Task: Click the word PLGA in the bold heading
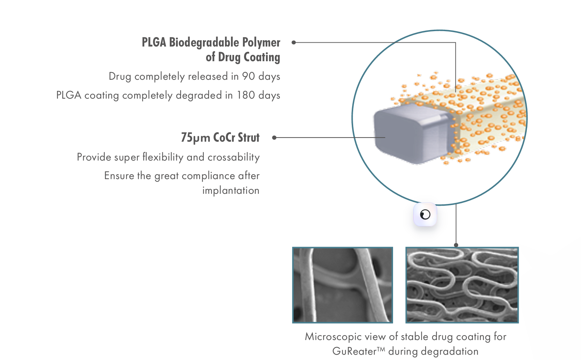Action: point(154,42)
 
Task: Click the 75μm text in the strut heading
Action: point(195,137)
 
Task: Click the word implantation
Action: point(231,191)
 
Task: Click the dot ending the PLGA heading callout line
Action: point(294,42)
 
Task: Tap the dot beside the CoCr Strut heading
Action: point(274,137)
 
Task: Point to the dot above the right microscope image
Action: point(456,245)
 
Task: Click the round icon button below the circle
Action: point(425,214)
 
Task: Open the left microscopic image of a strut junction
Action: point(343,285)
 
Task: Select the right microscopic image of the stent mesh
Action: point(462,285)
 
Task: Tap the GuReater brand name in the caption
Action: point(354,351)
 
